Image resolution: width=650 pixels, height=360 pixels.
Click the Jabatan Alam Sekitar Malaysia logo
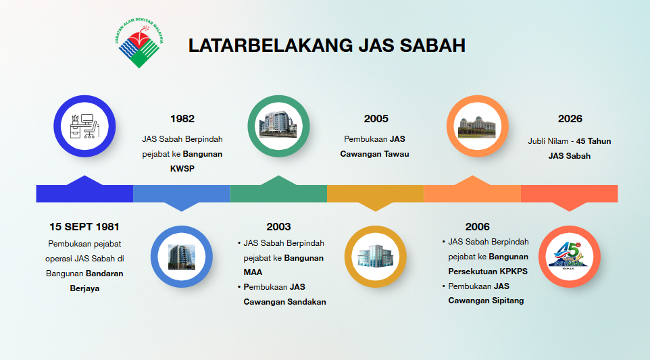[139, 43]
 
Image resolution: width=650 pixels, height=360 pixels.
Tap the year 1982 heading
[182, 119]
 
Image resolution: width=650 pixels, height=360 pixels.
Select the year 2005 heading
[376, 119]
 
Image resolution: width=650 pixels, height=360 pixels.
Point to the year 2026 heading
[570, 119]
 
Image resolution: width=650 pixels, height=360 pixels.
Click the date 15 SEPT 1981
[84, 227]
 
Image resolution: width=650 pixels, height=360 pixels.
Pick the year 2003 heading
[278, 227]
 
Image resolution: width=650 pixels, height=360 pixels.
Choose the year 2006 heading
[477, 227]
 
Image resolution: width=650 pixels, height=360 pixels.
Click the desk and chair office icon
[84, 126]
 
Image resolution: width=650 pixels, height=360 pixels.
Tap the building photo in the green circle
[278, 124]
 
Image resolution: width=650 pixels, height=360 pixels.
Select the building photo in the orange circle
[477, 127]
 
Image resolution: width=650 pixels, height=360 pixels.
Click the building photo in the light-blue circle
[182, 257]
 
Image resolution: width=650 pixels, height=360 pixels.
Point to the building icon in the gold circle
[376, 256]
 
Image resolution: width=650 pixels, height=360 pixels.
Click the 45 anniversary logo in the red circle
[569, 256]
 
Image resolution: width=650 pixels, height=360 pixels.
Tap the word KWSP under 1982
[182, 169]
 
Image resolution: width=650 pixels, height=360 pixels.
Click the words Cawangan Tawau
[375, 154]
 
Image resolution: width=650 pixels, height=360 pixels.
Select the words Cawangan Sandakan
[284, 302]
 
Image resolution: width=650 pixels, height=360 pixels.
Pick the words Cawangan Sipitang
[486, 301]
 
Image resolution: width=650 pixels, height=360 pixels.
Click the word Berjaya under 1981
[84, 289]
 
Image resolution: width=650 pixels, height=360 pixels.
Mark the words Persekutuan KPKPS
[488, 272]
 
